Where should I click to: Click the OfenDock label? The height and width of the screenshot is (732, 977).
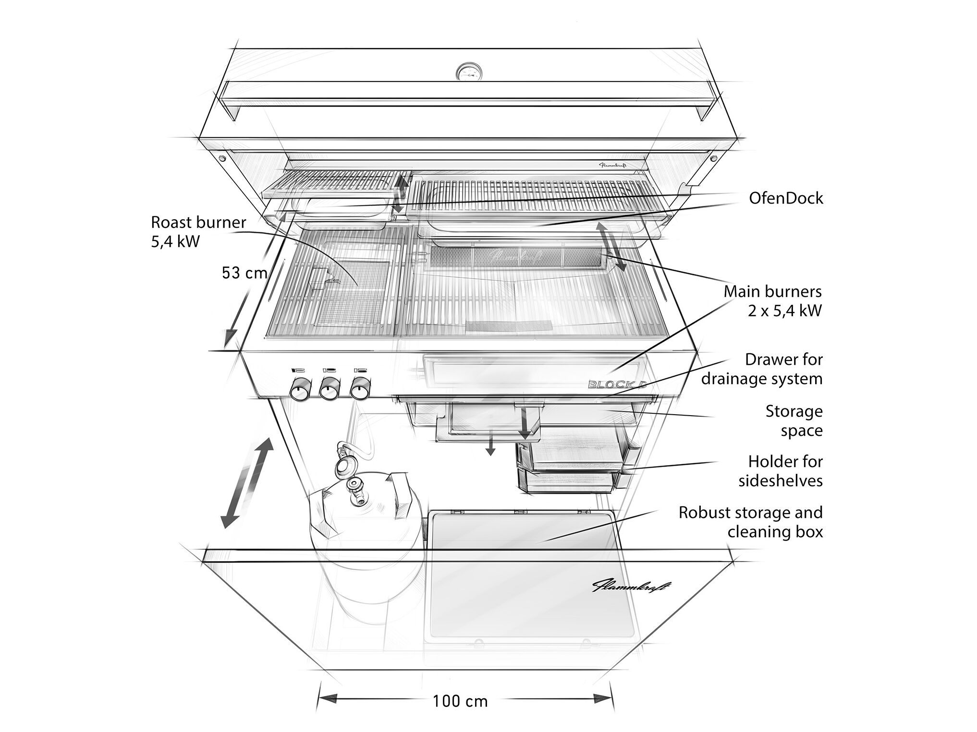click(x=786, y=198)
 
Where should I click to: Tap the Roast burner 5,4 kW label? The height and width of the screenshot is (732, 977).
click(x=198, y=231)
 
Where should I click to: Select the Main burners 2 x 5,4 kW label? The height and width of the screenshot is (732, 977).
click(x=773, y=301)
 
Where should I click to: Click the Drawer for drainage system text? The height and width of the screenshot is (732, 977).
click(x=762, y=369)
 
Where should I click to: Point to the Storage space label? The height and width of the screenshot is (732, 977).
click(x=794, y=420)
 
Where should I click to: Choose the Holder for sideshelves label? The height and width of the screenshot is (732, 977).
click(x=781, y=471)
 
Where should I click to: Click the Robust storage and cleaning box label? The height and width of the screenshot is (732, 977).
click(x=750, y=522)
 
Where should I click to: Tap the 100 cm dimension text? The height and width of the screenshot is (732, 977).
click(x=460, y=701)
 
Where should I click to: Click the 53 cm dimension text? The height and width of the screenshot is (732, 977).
click(x=244, y=273)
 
